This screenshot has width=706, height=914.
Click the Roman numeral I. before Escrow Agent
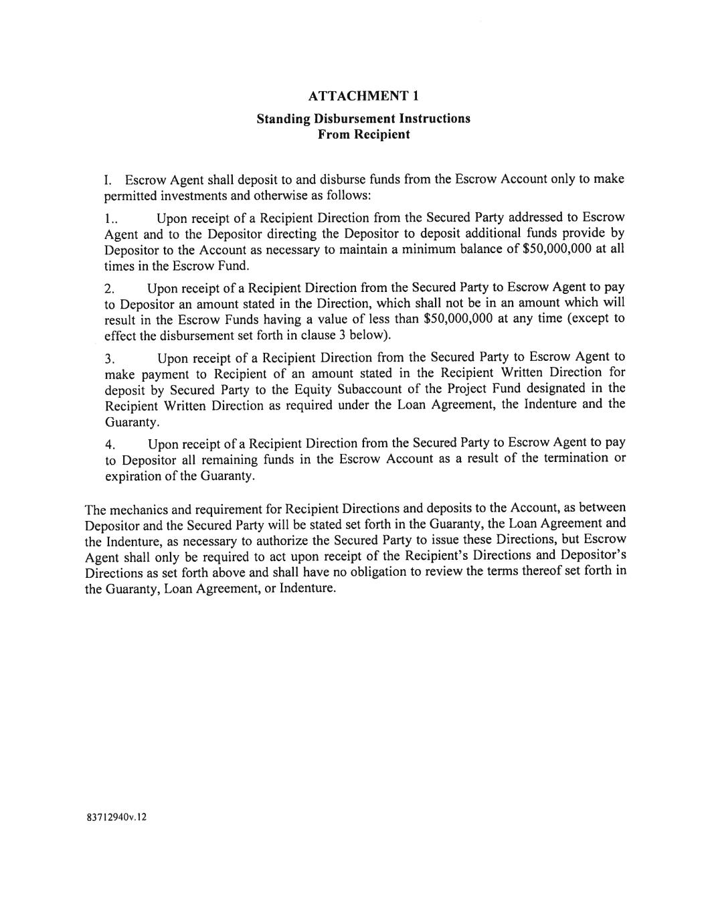point(108,180)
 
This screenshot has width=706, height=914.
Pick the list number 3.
point(110,359)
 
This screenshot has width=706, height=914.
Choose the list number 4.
point(110,445)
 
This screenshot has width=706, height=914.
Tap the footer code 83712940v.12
point(115,818)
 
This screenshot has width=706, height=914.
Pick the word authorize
point(283,540)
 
